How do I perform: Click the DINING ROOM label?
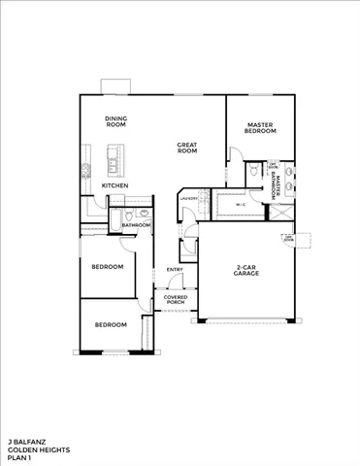(x=116, y=122)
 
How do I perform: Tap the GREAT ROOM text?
(x=187, y=149)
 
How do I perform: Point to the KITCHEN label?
(x=115, y=184)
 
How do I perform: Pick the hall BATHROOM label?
(x=136, y=225)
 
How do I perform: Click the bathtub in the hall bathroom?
(x=115, y=221)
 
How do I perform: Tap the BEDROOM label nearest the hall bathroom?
(x=107, y=266)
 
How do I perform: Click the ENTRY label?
(x=176, y=270)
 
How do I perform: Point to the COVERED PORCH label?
(x=176, y=300)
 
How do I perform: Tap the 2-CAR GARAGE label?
(x=245, y=271)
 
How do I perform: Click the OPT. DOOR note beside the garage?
(x=288, y=238)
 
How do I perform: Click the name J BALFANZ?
(x=25, y=440)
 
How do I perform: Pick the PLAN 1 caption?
(x=20, y=458)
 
